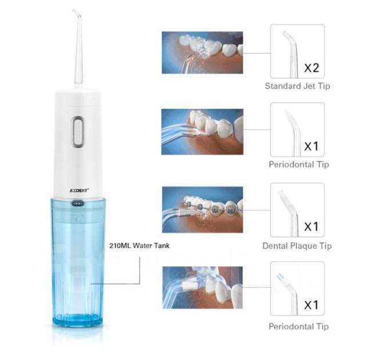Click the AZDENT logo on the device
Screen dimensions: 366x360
pos(79,191)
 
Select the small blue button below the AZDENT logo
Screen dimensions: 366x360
pos(78,204)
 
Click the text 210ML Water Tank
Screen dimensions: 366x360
pos(140,246)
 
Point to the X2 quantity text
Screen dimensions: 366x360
pos(312,68)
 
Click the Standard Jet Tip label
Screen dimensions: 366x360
pos(297,86)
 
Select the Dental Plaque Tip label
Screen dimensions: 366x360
pos(297,246)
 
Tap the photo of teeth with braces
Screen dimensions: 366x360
pos(202,209)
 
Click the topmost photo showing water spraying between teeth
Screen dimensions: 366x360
pos(202,53)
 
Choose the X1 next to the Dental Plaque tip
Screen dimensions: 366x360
pos(311,227)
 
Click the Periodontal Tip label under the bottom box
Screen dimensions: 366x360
pos(299,326)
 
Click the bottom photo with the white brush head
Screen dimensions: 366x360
pos(202,287)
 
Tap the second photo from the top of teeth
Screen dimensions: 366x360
pos(202,132)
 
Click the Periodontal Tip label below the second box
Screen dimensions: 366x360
pos(299,164)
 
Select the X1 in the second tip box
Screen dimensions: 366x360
pos(311,147)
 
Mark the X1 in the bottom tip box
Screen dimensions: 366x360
pos(311,305)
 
